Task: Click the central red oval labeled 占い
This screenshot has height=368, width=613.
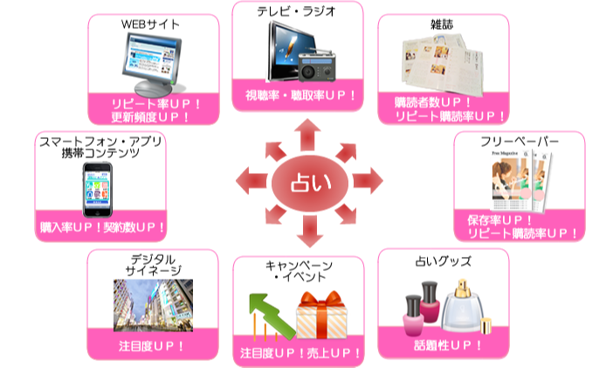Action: (x=307, y=182)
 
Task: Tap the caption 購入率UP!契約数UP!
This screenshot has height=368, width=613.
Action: (x=102, y=228)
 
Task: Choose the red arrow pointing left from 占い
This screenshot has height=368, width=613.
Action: (x=248, y=182)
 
